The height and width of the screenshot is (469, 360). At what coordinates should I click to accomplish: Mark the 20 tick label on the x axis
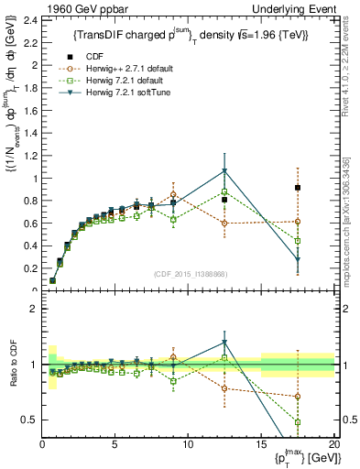click(334, 445)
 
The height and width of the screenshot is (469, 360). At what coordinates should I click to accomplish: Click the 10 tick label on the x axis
click(188, 445)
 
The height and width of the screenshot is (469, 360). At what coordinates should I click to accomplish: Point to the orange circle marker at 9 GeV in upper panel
click(173, 195)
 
